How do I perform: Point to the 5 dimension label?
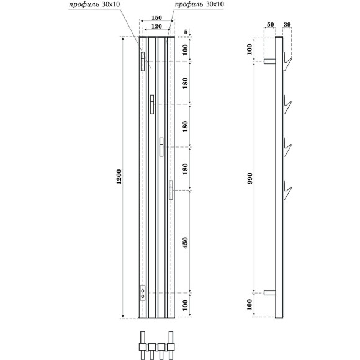click(186, 31)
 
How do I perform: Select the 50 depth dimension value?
click(270, 25)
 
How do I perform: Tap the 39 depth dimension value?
click(286, 25)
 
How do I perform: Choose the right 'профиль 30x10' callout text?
click(199, 4)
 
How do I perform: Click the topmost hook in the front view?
click(142, 61)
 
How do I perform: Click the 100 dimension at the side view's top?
click(251, 50)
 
